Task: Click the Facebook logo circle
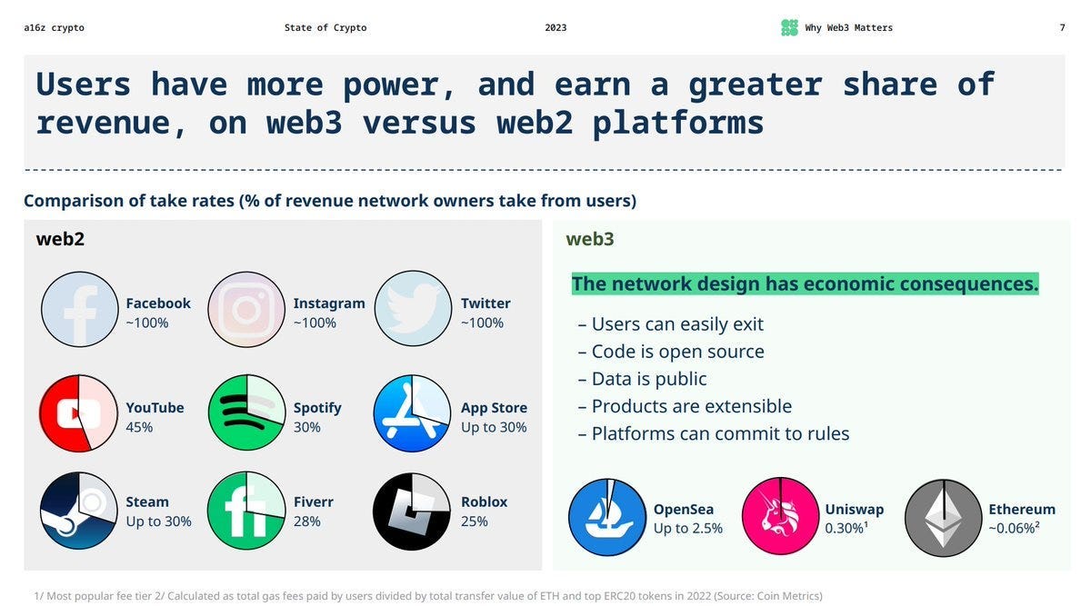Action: (80, 309)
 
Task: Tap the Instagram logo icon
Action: (246, 309)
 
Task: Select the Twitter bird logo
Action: (413, 309)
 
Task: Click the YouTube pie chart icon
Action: (78, 413)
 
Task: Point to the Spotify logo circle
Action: (246, 413)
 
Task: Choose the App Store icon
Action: (412, 413)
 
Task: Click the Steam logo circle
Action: (79, 511)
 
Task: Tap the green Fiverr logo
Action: (246, 511)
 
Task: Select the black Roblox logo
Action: (412, 511)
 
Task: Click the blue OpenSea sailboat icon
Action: (607, 517)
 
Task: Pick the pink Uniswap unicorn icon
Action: (780, 516)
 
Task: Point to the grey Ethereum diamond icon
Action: (944, 518)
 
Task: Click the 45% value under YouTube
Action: (139, 427)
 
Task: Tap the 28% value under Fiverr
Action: (306, 522)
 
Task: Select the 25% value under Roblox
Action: (474, 522)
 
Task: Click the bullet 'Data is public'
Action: (642, 379)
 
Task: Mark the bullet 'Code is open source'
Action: (671, 352)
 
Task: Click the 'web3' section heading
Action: (590, 239)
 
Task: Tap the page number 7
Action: (1062, 28)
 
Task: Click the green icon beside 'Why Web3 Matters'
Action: (789, 28)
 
